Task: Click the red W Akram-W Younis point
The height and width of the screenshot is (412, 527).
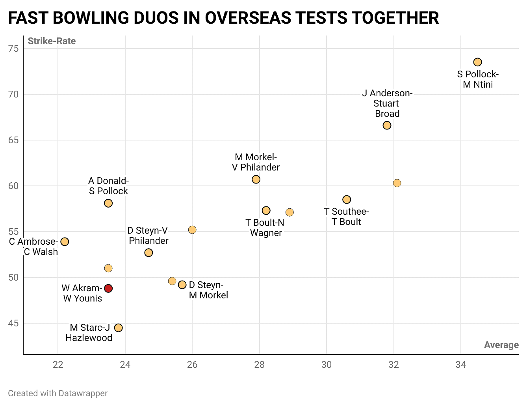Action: click(108, 288)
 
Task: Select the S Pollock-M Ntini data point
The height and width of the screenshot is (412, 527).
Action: click(477, 62)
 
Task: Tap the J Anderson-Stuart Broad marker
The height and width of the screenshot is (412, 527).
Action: click(387, 125)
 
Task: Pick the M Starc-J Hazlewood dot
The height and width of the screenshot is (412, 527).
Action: click(118, 328)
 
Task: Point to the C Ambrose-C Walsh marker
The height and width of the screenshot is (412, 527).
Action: click(65, 242)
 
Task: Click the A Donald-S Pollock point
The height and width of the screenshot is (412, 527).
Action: click(108, 203)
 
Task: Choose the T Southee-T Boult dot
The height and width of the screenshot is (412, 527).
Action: click(347, 199)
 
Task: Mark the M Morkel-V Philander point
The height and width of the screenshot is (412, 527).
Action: click(256, 179)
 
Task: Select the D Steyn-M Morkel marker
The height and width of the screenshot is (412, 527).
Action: click(182, 285)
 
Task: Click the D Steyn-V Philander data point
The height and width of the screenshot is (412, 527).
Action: click(148, 253)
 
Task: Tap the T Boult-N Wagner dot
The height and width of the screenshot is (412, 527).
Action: click(266, 210)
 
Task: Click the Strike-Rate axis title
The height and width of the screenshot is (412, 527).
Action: click(52, 41)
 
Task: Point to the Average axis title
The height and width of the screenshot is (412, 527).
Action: click(501, 345)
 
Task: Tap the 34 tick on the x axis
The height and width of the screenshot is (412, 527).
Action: click(460, 365)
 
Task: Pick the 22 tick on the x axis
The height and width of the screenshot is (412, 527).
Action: click(58, 365)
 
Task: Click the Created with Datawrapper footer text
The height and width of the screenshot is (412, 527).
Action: click(58, 393)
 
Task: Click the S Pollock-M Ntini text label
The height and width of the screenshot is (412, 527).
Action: click(478, 79)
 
